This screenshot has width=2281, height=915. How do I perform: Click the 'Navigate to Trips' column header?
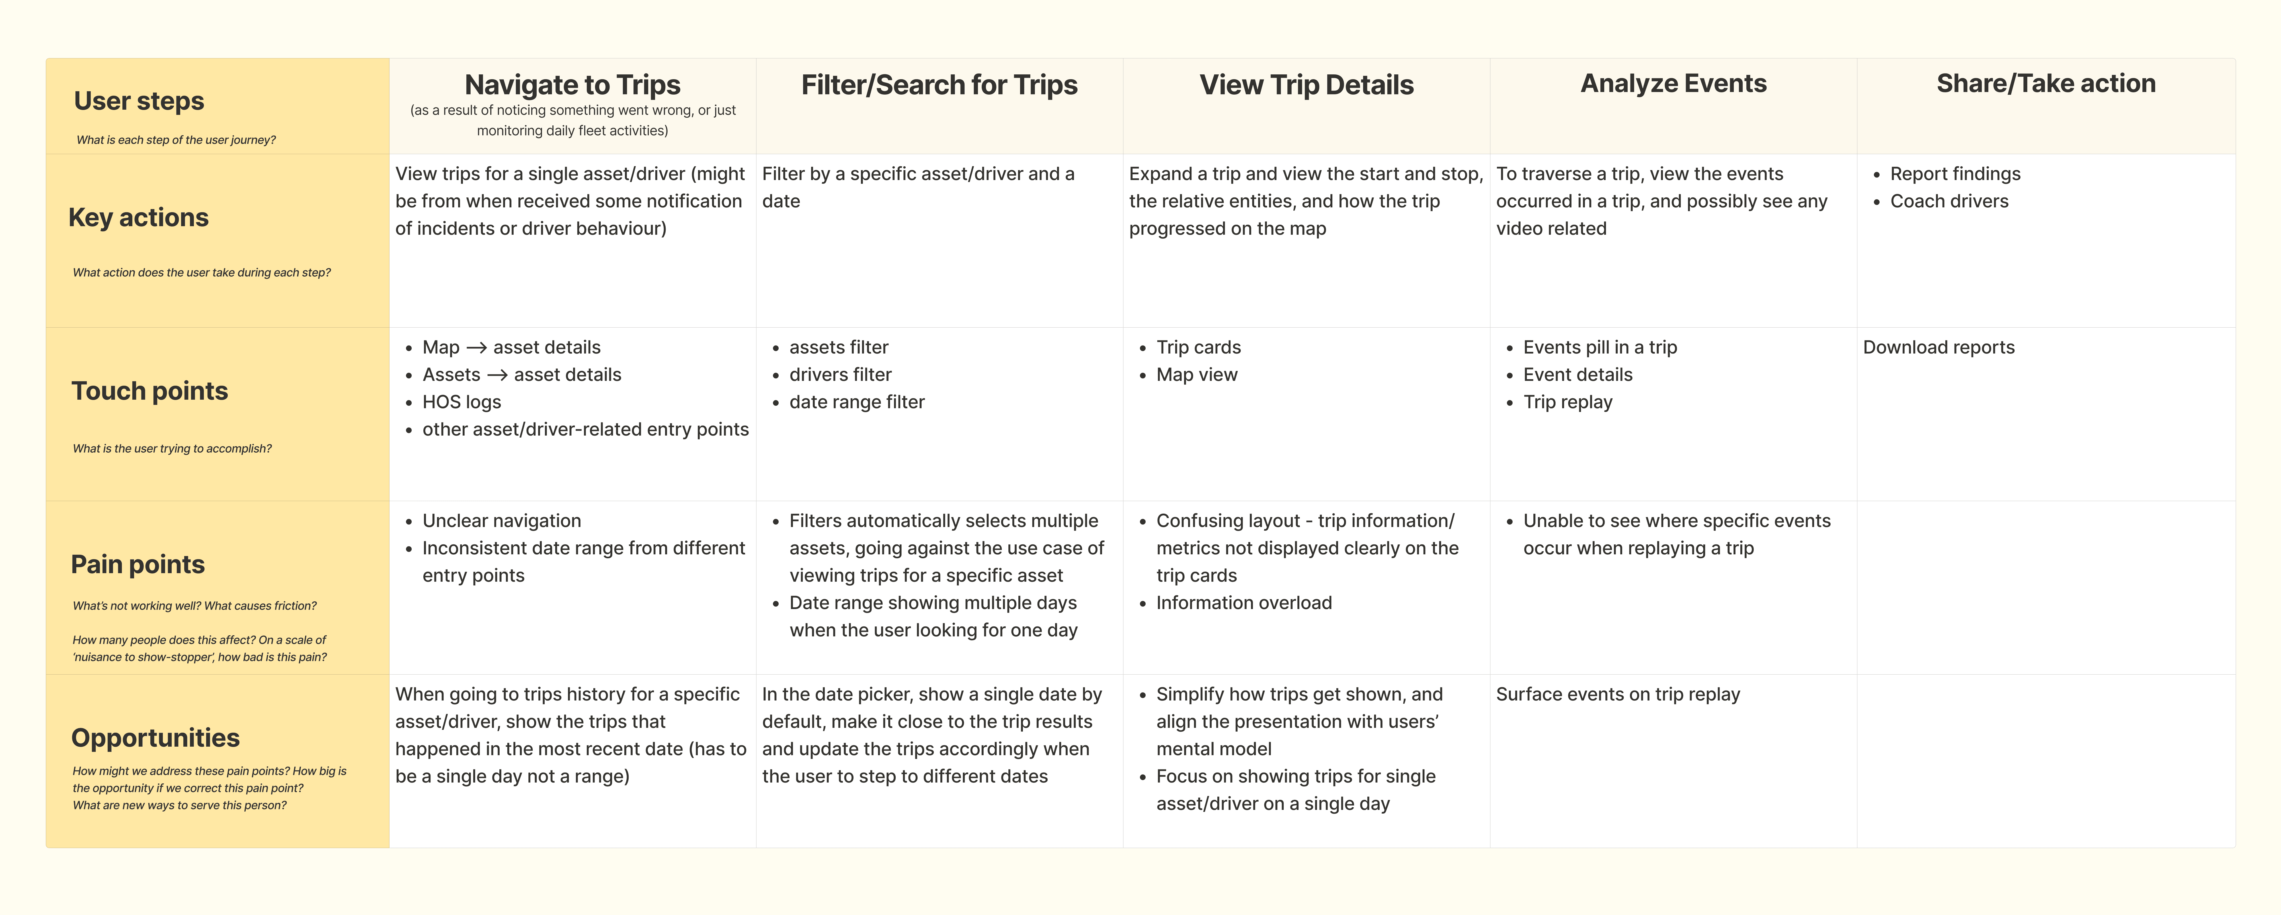572,85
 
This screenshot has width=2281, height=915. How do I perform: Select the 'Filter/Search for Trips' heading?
939,85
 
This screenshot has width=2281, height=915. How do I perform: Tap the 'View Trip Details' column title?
1306,85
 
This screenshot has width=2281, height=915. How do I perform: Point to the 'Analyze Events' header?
1673,83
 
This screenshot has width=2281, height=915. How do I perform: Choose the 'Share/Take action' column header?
2046,83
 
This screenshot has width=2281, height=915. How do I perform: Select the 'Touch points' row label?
150,391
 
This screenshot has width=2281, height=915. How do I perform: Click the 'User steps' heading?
139,101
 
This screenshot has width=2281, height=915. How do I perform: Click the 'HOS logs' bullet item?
461,402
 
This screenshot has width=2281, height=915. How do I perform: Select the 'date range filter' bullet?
856,402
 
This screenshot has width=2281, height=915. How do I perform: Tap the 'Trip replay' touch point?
1567,402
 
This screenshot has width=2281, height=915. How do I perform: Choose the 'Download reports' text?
1938,347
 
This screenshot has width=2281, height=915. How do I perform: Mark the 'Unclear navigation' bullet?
501,521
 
